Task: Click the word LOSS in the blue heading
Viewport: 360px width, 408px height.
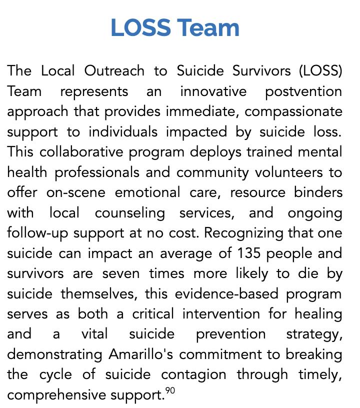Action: (x=140, y=27)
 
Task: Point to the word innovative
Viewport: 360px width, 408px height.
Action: (x=213, y=91)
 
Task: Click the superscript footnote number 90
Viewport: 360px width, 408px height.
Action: (x=170, y=391)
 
